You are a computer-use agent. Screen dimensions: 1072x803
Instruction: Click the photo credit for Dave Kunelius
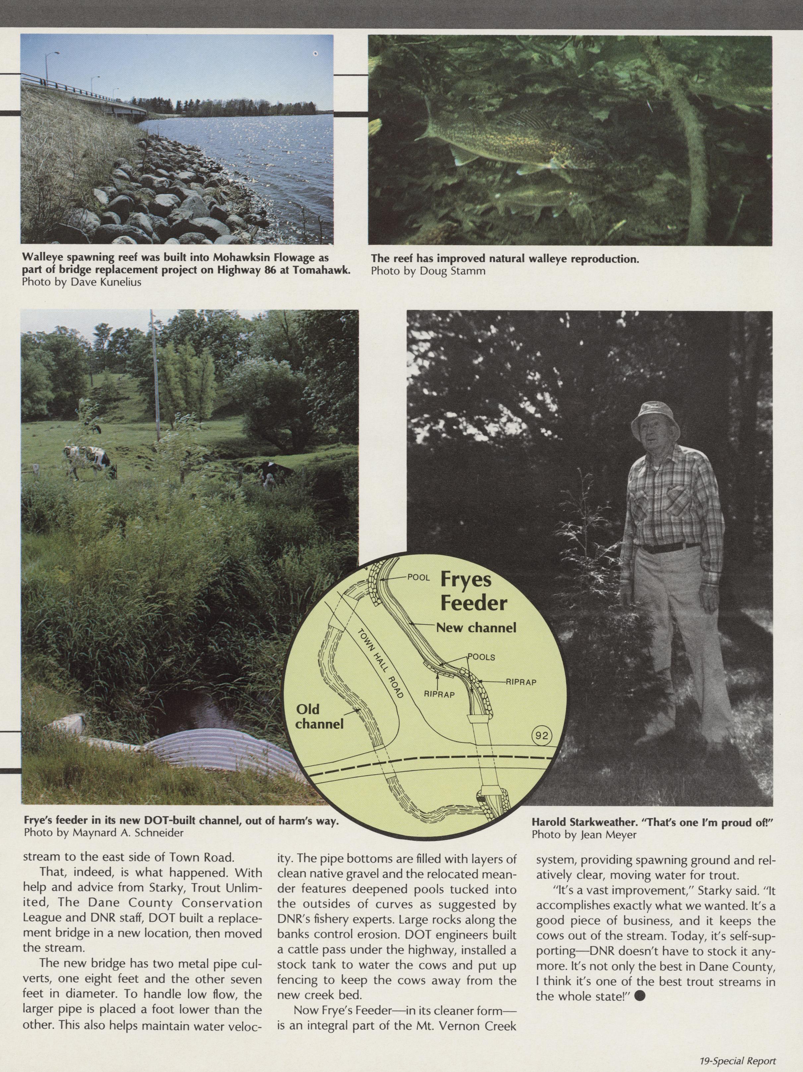click(82, 282)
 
